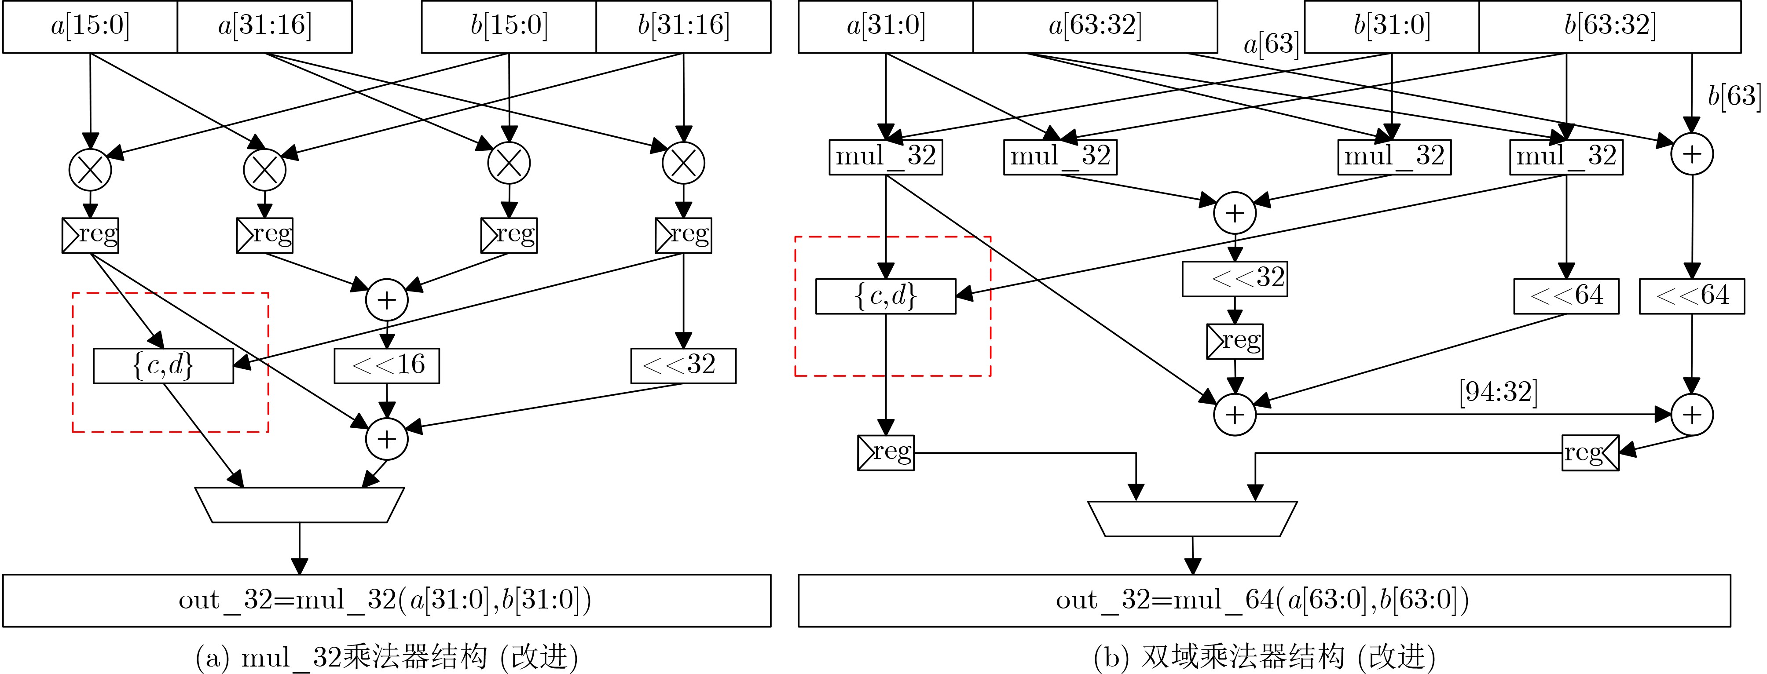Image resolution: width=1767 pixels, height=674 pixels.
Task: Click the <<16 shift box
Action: (387, 365)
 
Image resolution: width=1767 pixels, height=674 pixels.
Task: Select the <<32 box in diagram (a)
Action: (683, 365)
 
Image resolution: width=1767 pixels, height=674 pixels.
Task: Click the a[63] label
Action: (1271, 44)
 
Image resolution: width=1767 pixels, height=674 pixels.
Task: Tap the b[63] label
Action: (1734, 96)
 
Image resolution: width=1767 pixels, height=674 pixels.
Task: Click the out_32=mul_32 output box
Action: (387, 601)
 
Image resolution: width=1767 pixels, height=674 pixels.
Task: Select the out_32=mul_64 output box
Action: (1264, 601)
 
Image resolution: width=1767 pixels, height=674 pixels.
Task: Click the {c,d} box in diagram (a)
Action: (163, 365)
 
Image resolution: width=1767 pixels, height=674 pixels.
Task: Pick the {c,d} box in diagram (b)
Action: (886, 296)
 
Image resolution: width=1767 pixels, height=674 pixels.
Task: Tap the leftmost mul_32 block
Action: (886, 157)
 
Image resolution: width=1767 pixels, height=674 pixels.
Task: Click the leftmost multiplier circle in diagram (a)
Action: (90, 169)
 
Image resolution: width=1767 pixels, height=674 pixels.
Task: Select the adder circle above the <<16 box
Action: (387, 300)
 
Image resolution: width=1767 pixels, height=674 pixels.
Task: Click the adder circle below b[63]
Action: (1692, 153)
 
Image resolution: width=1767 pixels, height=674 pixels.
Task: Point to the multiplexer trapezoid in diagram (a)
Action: (299, 505)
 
